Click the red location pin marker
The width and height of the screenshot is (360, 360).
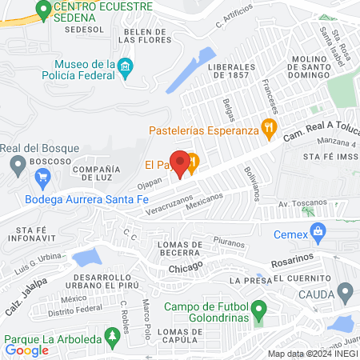point(181,162)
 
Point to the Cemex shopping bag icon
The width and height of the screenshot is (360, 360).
point(319,234)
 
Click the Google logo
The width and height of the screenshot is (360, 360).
point(26,350)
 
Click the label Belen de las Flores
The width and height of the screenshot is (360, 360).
point(144,36)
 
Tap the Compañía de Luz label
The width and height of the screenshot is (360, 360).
point(96,175)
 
